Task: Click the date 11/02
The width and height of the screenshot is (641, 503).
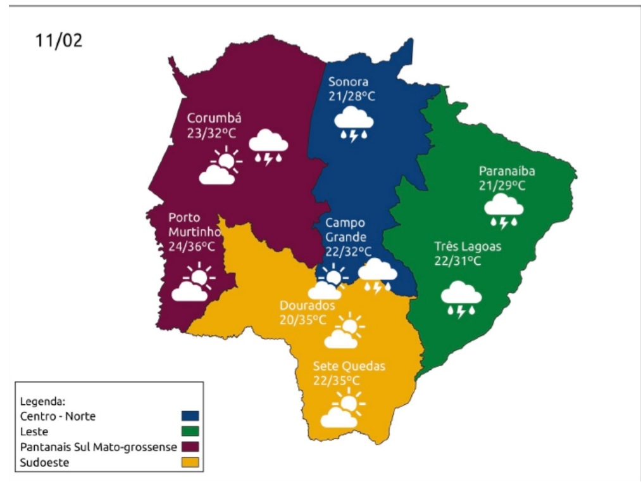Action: click(59, 41)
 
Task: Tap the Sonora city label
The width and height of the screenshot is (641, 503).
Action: click(348, 82)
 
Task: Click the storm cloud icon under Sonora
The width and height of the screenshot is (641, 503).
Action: click(353, 123)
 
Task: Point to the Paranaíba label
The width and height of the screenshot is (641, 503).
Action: click(507, 171)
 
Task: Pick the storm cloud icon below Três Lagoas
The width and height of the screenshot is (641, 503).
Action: click(461, 300)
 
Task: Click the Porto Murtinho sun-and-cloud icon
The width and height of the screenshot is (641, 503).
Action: click(192, 283)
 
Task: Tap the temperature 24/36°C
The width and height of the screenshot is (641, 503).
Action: click(191, 246)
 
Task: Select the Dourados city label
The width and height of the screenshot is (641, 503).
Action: click(307, 305)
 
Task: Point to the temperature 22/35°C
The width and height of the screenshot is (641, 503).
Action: click(336, 381)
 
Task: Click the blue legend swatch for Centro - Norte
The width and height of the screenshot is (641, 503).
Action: click(190, 416)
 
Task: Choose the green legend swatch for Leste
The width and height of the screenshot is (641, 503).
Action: click(190, 431)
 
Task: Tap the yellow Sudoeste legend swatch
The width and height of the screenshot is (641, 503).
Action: click(190, 462)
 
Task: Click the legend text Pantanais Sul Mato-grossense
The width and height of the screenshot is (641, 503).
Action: click(98, 447)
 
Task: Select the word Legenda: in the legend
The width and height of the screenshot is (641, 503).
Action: click(43, 401)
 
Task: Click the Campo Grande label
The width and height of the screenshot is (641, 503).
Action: click(345, 230)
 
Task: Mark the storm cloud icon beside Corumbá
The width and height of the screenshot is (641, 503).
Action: click(268, 146)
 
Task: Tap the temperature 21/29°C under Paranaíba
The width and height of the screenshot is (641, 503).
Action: click(502, 186)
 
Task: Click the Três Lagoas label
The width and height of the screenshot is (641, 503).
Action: click(468, 246)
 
